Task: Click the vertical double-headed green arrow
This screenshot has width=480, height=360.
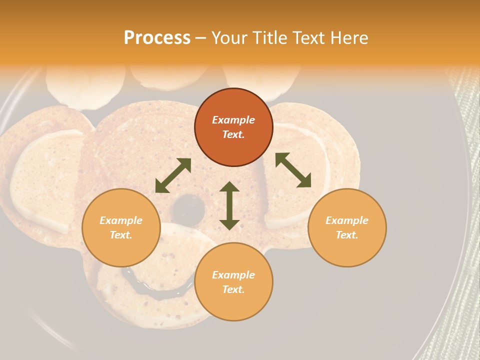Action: [x=229, y=205]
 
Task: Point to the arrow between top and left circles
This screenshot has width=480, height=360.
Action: [x=173, y=175]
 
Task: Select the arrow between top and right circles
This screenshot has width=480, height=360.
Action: [x=293, y=170]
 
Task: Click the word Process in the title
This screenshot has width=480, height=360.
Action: [x=157, y=37]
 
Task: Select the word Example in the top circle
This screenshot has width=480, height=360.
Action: [x=233, y=120]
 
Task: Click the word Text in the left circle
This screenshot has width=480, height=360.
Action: [x=121, y=235]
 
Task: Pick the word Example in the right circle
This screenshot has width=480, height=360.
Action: [x=347, y=220]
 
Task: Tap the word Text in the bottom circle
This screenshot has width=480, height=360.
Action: [x=233, y=289]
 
